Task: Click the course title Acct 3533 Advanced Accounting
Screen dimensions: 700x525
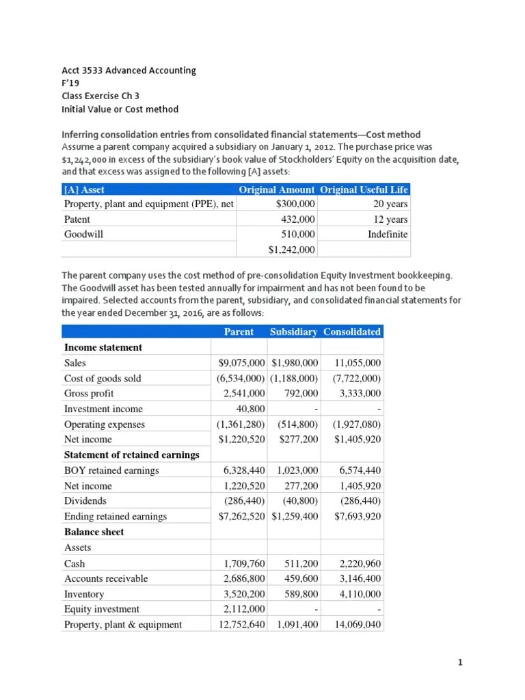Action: pos(129,70)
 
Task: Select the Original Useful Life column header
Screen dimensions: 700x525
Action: pos(364,189)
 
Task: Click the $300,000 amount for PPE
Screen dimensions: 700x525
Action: pos(295,204)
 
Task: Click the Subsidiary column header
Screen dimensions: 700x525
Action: pos(293,332)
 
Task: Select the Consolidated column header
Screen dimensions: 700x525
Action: pos(352,332)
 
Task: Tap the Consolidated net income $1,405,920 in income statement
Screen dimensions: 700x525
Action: pos(358,440)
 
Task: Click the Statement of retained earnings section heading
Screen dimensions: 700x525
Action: pos(131,455)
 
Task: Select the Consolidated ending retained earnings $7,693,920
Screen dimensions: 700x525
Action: pos(358,516)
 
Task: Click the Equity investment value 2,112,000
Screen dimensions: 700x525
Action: pos(245,609)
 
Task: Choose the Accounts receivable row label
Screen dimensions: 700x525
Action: pos(105,578)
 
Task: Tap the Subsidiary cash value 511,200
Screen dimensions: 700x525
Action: pos(301,564)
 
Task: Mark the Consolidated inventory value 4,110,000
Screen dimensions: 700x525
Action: pos(360,594)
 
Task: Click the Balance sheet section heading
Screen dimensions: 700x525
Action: pos(94,532)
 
